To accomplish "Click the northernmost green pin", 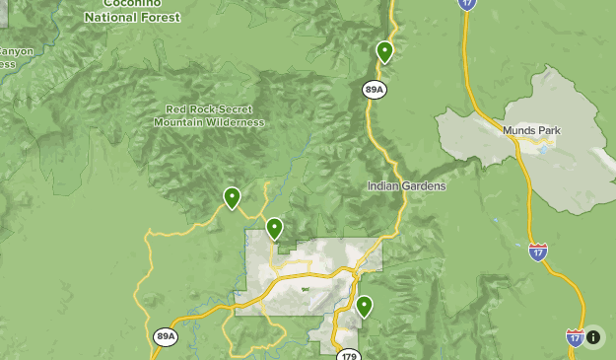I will (x=384, y=50).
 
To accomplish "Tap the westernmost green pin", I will (x=232, y=197).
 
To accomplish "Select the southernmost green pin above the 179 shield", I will (x=365, y=306).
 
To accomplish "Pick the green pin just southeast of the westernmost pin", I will (x=275, y=228).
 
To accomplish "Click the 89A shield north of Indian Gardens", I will (x=374, y=90).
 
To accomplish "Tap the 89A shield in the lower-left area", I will (x=166, y=336).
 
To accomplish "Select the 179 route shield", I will (x=347, y=354).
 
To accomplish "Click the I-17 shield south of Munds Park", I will (x=537, y=252).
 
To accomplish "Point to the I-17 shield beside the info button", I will (x=575, y=337).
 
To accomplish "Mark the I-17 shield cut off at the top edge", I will (x=467, y=4).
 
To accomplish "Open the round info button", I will (x=593, y=337).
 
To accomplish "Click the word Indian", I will (x=384, y=185).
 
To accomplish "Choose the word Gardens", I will (x=424, y=185).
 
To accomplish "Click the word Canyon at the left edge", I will (x=15, y=51).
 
